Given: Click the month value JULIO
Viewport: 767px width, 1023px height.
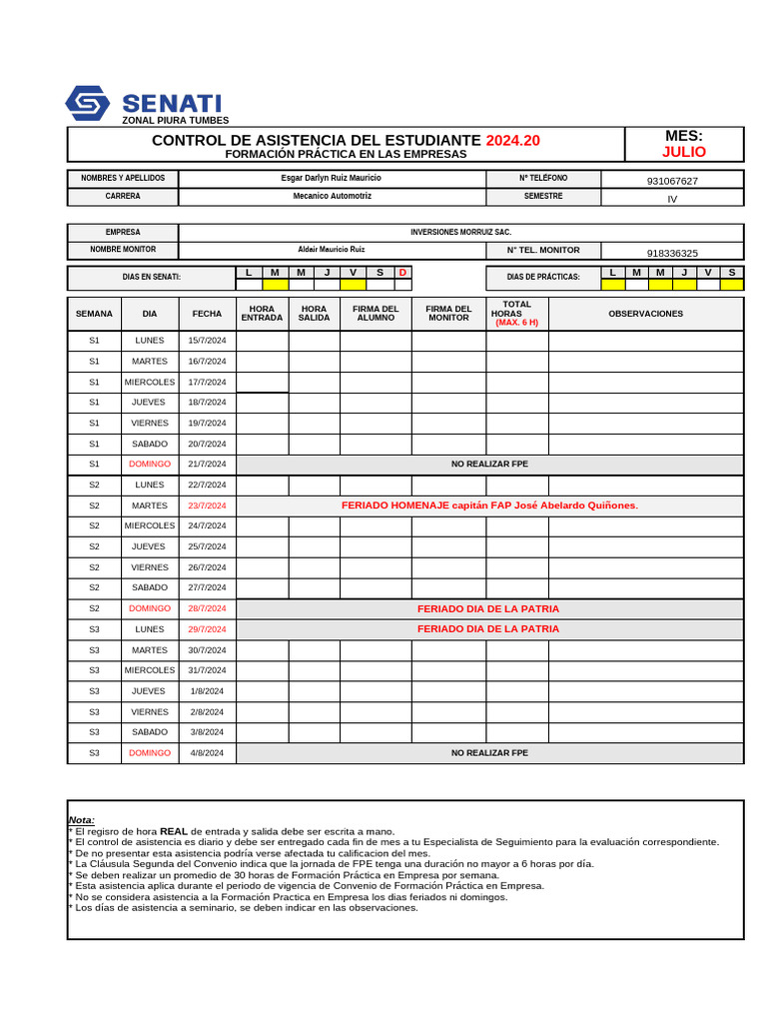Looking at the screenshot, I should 683,152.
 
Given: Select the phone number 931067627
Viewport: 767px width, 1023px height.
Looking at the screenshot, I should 672,181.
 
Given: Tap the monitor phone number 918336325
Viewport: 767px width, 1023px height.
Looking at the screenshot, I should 672,253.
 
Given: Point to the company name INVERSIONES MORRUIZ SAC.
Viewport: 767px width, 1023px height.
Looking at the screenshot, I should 460,232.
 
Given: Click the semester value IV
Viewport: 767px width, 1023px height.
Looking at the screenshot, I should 672,199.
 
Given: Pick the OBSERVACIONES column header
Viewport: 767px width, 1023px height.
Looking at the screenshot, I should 645,314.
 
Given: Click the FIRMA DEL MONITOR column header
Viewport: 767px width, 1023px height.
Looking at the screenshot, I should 448,314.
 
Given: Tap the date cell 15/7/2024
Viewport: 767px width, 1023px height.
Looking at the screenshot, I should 207,341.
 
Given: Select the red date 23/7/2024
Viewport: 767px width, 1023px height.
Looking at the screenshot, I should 207,506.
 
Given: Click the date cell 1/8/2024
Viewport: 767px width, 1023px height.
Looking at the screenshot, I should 207,691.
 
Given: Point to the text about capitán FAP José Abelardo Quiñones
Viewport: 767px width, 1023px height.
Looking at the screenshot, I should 489,506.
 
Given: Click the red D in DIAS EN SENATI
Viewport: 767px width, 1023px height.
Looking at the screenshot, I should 402,273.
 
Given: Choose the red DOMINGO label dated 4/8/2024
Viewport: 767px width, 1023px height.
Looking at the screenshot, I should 150,753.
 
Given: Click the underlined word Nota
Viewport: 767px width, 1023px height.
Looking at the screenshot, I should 81,819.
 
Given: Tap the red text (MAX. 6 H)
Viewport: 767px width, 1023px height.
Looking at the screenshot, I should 516,323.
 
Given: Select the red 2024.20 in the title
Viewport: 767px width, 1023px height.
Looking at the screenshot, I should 512,141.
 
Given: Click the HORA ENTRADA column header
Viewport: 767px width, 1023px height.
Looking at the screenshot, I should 262,314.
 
